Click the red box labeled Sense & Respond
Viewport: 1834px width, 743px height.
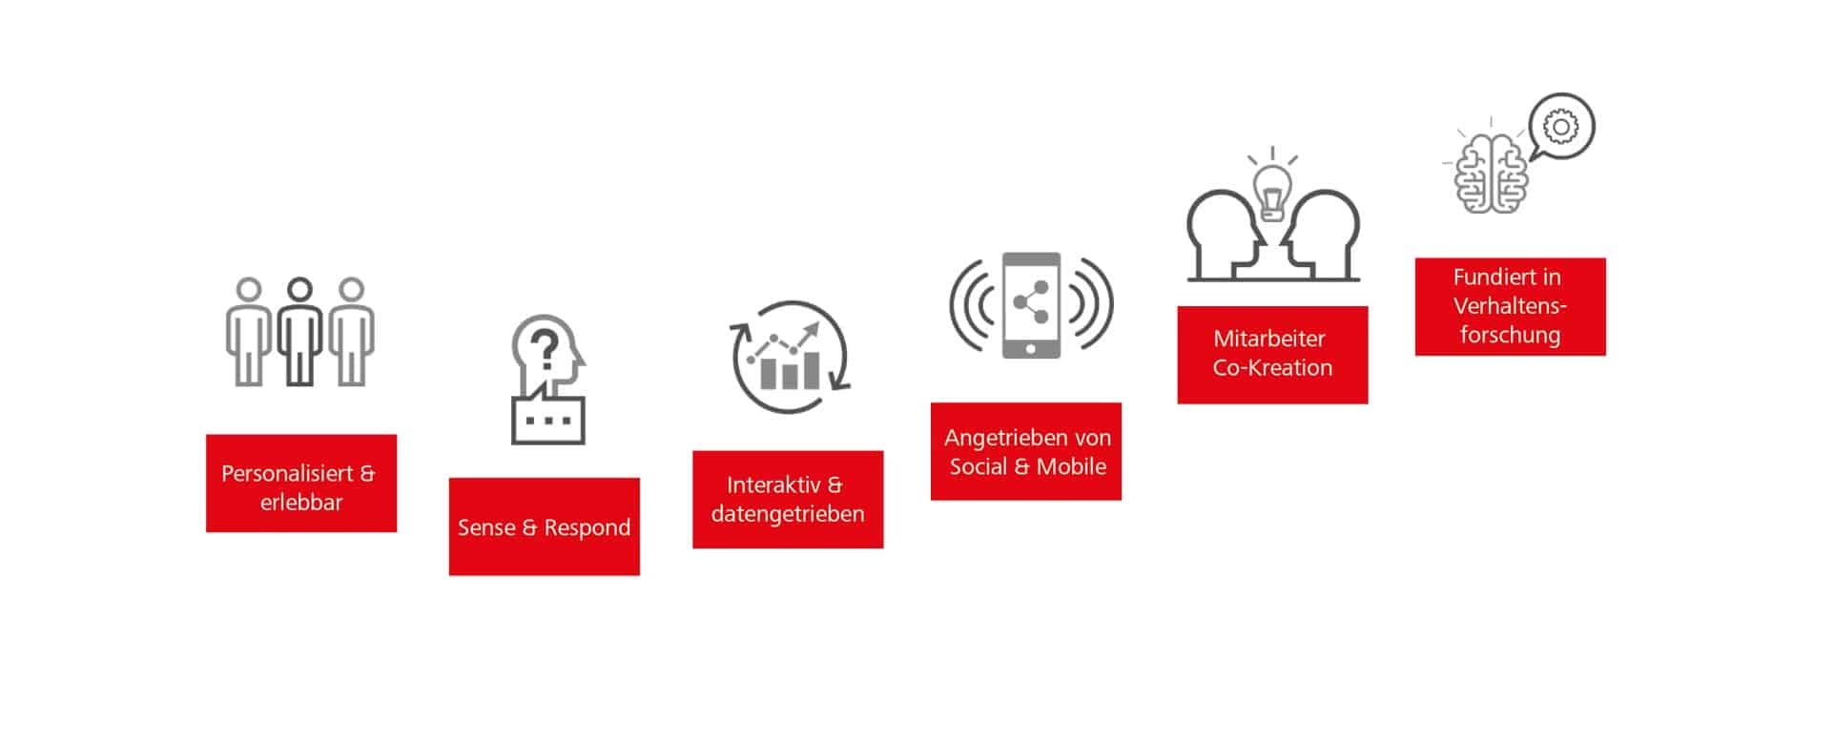pyautogui.click(x=545, y=526)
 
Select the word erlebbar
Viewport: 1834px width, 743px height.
pyautogui.click(x=301, y=502)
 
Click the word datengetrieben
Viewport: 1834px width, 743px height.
pyautogui.click(x=788, y=514)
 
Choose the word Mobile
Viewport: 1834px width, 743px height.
pyautogui.click(x=1072, y=466)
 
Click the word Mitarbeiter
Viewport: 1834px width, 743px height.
pyautogui.click(x=1269, y=339)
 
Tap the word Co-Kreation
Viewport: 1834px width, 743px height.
pyautogui.click(x=1272, y=367)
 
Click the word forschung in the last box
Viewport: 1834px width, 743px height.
pyautogui.click(x=1510, y=335)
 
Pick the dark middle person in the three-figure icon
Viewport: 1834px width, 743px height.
pyautogui.click(x=300, y=331)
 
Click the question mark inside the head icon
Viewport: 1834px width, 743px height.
pyautogui.click(x=545, y=350)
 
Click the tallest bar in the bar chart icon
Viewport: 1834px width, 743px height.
pyautogui.click(x=812, y=369)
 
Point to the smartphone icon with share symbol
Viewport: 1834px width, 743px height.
pyautogui.click(x=1031, y=305)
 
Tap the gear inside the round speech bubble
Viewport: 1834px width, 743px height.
pyautogui.click(x=1561, y=126)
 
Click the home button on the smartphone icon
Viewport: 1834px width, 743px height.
pyautogui.click(x=1031, y=349)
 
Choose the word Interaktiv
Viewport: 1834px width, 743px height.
pyautogui.click(x=773, y=485)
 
